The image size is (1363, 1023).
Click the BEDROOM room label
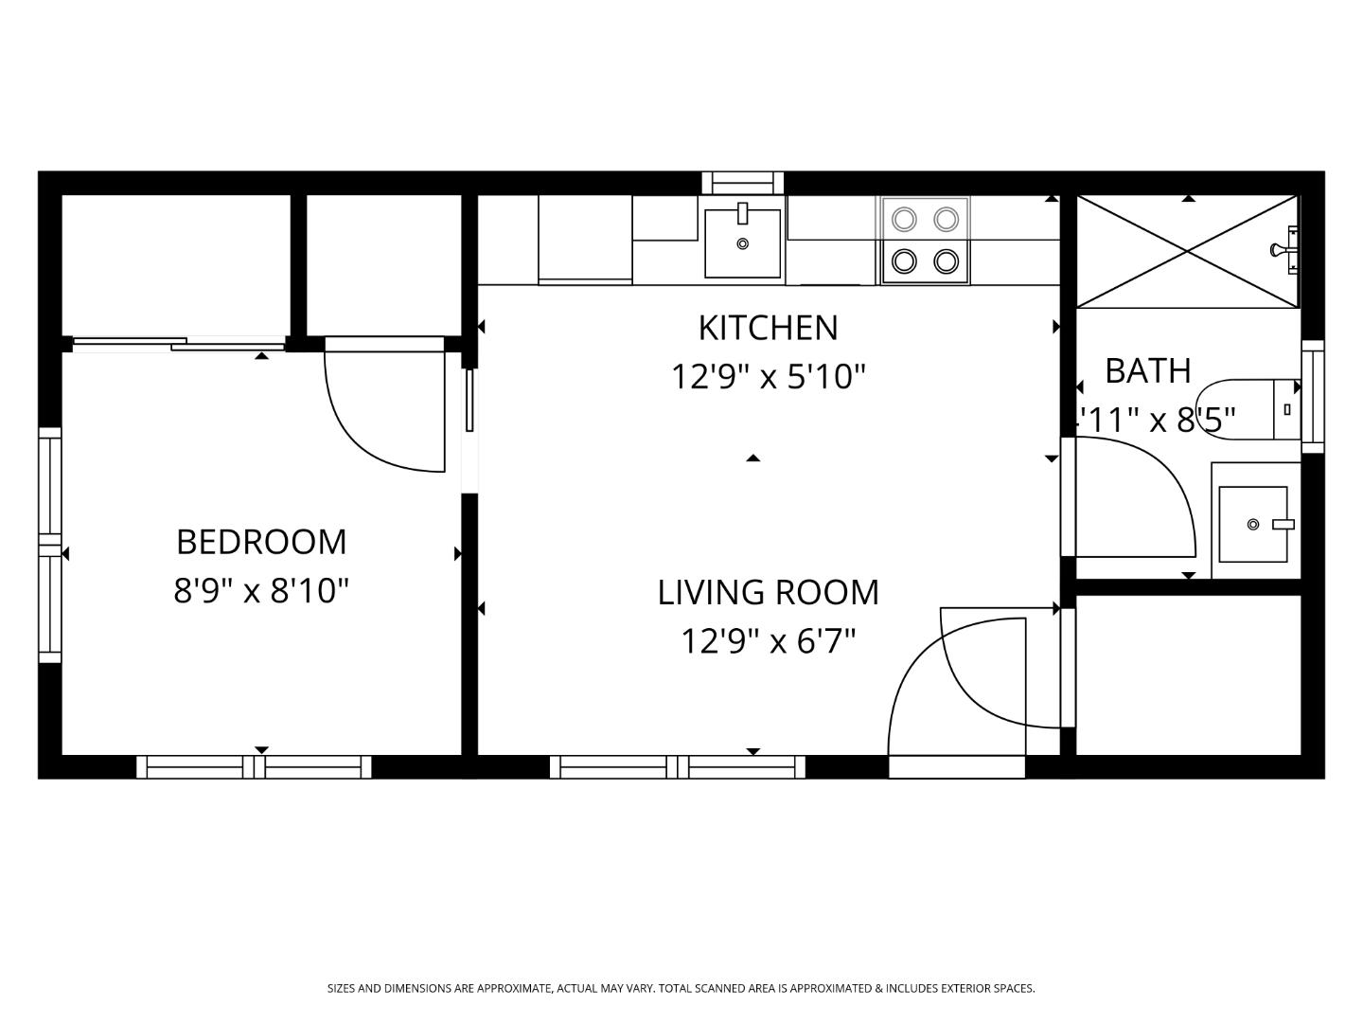[261, 542]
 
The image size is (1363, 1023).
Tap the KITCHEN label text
[768, 328]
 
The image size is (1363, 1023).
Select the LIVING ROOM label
[768, 592]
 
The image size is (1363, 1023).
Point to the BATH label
[1147, 370]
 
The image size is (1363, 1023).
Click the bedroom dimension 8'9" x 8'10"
[261, 591]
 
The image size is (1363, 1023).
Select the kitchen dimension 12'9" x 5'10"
[768, 377]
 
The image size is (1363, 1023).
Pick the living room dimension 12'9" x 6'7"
[768, 641]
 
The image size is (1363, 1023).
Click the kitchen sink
[742, 242]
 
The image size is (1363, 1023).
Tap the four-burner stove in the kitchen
[925, 240]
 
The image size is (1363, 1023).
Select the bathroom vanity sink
[1253, 524]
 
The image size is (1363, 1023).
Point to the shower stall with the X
[1187, 251]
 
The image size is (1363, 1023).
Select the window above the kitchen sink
[742, 182]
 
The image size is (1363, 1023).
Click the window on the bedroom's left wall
[49, 545]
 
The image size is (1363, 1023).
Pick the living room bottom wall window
[677, 767]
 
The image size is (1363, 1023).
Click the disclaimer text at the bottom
[681, 988]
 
